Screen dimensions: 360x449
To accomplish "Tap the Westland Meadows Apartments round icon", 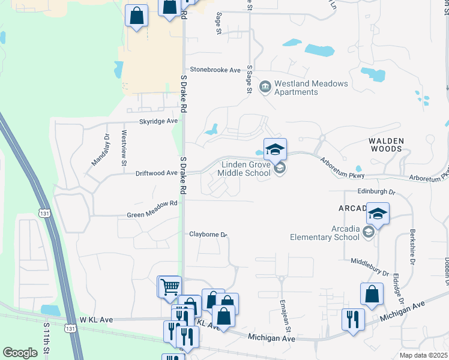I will coord(265,88).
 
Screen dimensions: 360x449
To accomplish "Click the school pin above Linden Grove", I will coord(275,149).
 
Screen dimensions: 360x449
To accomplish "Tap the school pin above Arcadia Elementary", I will coord(378,214).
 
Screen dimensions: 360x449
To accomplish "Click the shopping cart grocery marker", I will coord(169,287).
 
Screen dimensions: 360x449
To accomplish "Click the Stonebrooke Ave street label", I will coord(215,70).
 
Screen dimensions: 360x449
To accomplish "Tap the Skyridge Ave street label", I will coord(159,121).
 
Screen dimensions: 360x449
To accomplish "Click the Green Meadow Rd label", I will coord(152,203).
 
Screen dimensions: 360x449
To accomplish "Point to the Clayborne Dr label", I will coord(208,235).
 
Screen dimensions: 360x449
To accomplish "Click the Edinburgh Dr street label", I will coord(376,192).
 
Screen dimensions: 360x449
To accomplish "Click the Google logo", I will coord(20,353).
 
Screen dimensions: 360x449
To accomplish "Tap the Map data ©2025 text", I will coord(423,355).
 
